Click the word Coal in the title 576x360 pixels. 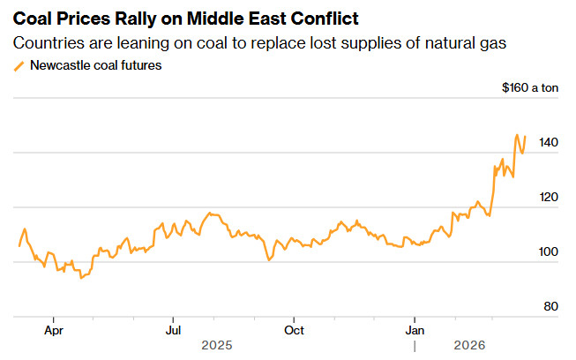point(35,19)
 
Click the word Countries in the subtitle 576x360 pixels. point(51,42)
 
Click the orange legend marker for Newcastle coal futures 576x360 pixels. point(19,66)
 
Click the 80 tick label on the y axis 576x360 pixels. point(550,306)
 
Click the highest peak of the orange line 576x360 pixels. point(517,135)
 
